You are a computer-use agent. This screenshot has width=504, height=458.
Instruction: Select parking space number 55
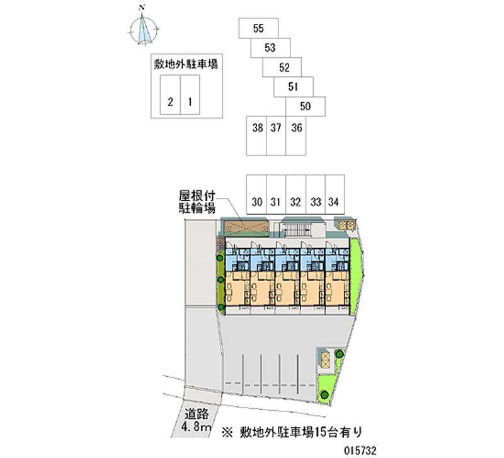pyautogui.click(x=258, y=28)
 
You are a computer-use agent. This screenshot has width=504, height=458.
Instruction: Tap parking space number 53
pyautogui.click(x=270, y=48)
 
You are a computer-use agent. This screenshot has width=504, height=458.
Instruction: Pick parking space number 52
pyautogui.click(x=282, y=67)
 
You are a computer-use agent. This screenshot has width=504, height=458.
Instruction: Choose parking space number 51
pyautogui.click(x=294, y=87)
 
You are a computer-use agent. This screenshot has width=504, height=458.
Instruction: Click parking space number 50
pyautogui.click(x=306, y=106)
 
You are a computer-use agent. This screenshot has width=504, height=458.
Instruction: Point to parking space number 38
pyautogui.click(x=256, y=136)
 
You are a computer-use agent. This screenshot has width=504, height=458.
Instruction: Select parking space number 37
pyautogui.click(x=276, y=136)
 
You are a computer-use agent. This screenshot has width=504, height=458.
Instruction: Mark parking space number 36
pyautogui.click(x=295, y=136)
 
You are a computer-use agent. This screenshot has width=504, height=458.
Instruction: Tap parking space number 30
pyautogui.click(x=256, y=195)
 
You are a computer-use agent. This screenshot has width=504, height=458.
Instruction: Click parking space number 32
pyautogui.click(x=295, y=195)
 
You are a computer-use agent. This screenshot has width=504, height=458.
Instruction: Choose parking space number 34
pyautogui.click(x=335, y=195)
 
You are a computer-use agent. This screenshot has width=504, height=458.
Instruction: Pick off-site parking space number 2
pyautogui.click(x=170, y=95)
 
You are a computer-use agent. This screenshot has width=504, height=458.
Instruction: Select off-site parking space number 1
pyautogui.click(x=190, y=95)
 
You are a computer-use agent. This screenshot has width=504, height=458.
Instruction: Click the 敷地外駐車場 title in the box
pyautogui.click(x=186, y=64)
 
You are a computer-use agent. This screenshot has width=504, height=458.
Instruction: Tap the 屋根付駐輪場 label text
pyautogui.click(x=197, y=202)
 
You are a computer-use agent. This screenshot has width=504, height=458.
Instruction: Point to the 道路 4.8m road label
pyautogui.click(x=197, y=420)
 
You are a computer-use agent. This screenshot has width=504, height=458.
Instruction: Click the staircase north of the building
pyautogui.click(x=298, y=230)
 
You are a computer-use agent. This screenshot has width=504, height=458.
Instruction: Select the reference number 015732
pyautogui.click(x=360, y=450)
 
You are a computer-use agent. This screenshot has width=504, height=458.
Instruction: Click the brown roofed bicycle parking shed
pyautogui.click(x=246, y=227)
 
